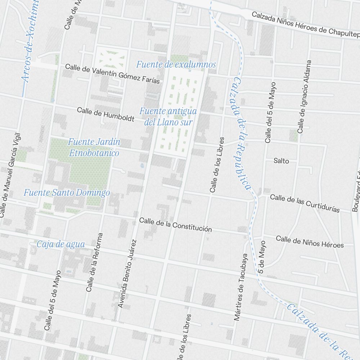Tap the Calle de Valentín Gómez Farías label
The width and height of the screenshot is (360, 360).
pyautogui.click(x=112, y=73)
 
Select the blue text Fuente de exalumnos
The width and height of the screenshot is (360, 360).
pyautogui.click(x=176, y=64)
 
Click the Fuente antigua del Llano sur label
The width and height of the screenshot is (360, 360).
pyautogui.click(x=168, y=117)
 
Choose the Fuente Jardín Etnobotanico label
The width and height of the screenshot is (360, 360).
pyautogui.click(x=94, y=147)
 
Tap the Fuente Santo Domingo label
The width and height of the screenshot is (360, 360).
pyautogui.click(x=67, y=193)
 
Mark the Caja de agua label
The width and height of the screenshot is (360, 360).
pyautogui.click(x=61, y=244)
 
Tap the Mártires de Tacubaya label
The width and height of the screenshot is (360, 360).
pyautogui.click(x=241, y=287)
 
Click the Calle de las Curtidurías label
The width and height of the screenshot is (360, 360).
pyautogui.click(x=305, y=203)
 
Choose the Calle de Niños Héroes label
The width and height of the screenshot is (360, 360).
pyautogui.click(x=310, y=242)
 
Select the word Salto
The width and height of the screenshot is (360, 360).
pyautogui.click(x=281, y=161)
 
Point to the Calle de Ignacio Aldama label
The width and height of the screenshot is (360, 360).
pyautogui.click(x=303, y=96)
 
